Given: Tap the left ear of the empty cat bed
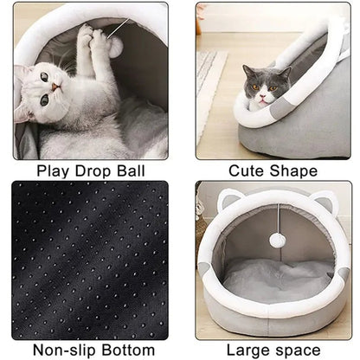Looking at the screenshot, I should click(x=228, y=202).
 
